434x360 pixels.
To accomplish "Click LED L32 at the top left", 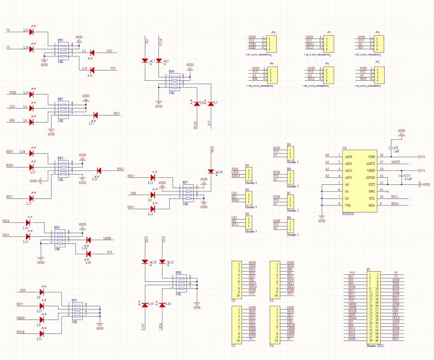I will pyautogui.click(x=31, y=31).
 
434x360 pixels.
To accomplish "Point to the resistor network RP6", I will pyautogui.click(x=175, y=82).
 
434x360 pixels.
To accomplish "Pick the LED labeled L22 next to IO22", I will pyautogui.click(x=98, y=170).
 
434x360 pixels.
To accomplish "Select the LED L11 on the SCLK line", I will pyautogui.click(x=41, y=331).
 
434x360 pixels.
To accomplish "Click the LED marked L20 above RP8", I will pyautogui.click(x=145, y=262).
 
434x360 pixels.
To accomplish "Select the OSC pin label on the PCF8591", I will pyautogui.click(x=372, y=191).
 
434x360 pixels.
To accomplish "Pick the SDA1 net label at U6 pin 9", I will pyautogui.click(x=395, y=204).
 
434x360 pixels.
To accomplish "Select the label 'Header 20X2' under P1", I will pyautogui.click(x=375, y=345).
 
